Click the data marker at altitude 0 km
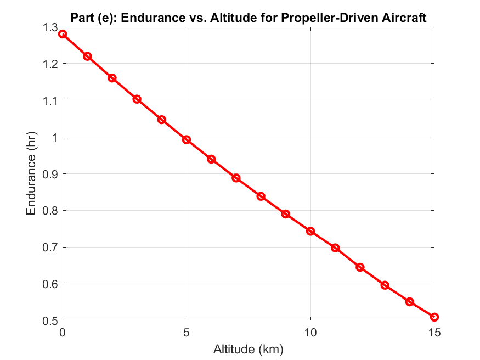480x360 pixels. pyautogui.click(x=63, y=34)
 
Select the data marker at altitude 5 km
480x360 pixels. pyautogui.click(x=187, y=140)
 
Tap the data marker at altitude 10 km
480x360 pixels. pyautogui.click(x=310, y=231)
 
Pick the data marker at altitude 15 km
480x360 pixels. pyautogui.click(x=434, y=317)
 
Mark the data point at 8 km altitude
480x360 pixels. pyautogui.click(x=261, y=196)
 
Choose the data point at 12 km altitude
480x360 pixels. pyautogui.click(x=360, y=267)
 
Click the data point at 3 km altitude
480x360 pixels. pyautogui.click(x=137, y=99)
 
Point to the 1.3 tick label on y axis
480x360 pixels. pyautogui.click(x=49, y=27)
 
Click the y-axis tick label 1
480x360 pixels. pyautogui.click(x=54, y=137)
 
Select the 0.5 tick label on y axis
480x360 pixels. pyautogui.click(x=49, y=320)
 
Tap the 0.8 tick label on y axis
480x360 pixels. pyautogui.click(x=49, y=211)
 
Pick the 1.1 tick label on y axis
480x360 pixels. pyautogui.click(x=49, y=100)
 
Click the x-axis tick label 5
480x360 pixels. pyautogui.click(x=187, y=333)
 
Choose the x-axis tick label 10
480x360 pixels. pyautogui.click(x=310, y=333)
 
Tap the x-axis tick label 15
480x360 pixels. pyautogui.click(x=434, y=333)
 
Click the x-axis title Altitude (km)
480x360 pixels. pyautogui.click(x=249, y=348)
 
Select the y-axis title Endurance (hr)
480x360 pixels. pyautogui.click(x=32, y=174)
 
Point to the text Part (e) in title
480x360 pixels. pyautogui.click(x=91, y=18)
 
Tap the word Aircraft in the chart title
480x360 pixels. pyautogui.click(x=406, y=18)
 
